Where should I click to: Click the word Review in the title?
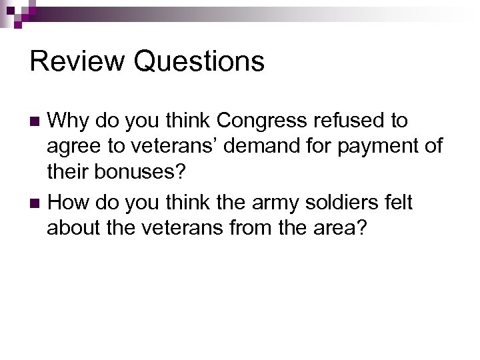click(x=77, y=61)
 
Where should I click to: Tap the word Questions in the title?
click(x=199, y=61)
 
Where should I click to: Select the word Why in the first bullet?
click(x=70, y=121)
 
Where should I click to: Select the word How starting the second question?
click(x=69, y=202)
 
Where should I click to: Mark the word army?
click(x=257, y=202)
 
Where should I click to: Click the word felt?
click(x=398, y=202)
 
